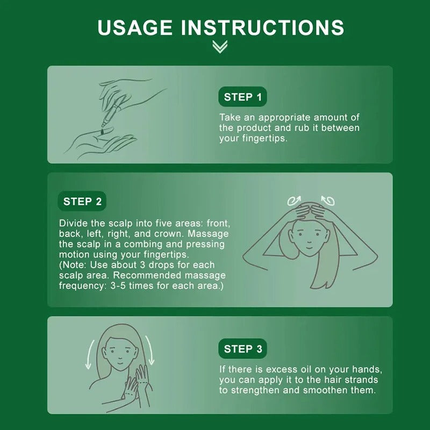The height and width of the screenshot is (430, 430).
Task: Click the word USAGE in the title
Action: (135, 27)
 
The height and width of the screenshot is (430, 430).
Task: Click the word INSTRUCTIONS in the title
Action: (262, 27)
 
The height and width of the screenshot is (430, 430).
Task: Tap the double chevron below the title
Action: (220, 46)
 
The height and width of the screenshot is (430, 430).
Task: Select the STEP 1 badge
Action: (243, 97)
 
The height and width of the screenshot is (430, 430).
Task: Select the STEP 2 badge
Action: (82, 201)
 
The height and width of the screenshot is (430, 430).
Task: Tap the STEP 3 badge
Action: (243, 349)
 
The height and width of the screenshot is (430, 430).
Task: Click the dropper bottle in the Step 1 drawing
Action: (112, 113)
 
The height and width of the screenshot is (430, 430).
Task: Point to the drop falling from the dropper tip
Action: (103, 132)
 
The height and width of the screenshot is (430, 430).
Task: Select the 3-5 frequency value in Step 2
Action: (118, 286)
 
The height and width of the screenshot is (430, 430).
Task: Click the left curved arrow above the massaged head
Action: (294, 200)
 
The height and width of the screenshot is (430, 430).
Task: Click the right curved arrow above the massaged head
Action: (328, 200)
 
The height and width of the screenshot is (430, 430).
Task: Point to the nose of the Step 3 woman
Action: (120, 356)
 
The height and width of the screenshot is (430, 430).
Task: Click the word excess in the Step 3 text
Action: (283, 369)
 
